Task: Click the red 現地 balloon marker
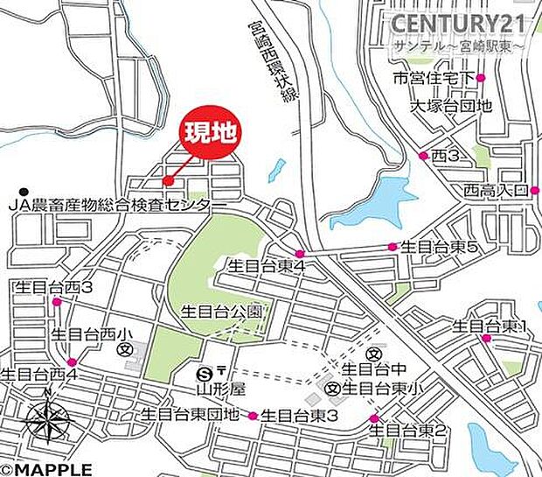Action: pyautogui.click(x=210, y=135)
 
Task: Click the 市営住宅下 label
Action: pyautogui.click(x=432, y=80)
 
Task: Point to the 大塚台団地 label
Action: pyautogui.click(x=453, y=107)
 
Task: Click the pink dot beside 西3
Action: pyautogui.click(x=423, y=156)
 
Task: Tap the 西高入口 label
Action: pyautogui.click(x=496, y=190)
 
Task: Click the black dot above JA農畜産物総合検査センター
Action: pyautogui.click(x=25, y=192)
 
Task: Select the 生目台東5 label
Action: pyautogui.click(x=439, y=248)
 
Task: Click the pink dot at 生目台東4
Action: pyautogui.click(x=299, y=254)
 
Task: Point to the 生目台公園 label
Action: pyautogui.click(x=221, y=311)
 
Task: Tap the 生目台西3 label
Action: pyautogui.click(x=53, y=286)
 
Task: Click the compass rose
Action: pyautogui.click(x=48, y=423)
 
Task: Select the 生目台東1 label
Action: pyautogui.click(x=490, y=326)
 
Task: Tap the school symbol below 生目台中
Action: pyautogui.click(x=333, y=387)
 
